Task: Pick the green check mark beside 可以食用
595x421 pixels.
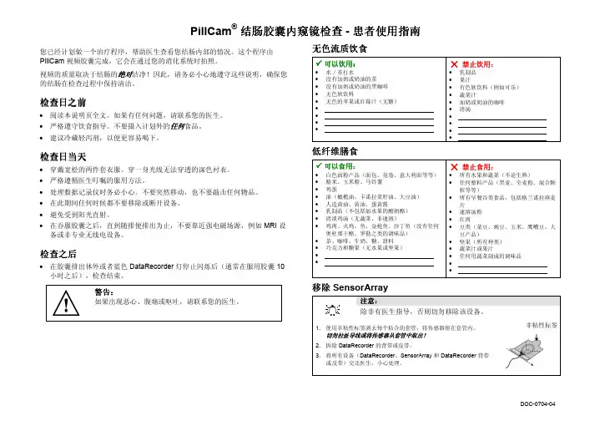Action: [x=307, y=165]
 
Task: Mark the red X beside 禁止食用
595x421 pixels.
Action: [x=454, y=165]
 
